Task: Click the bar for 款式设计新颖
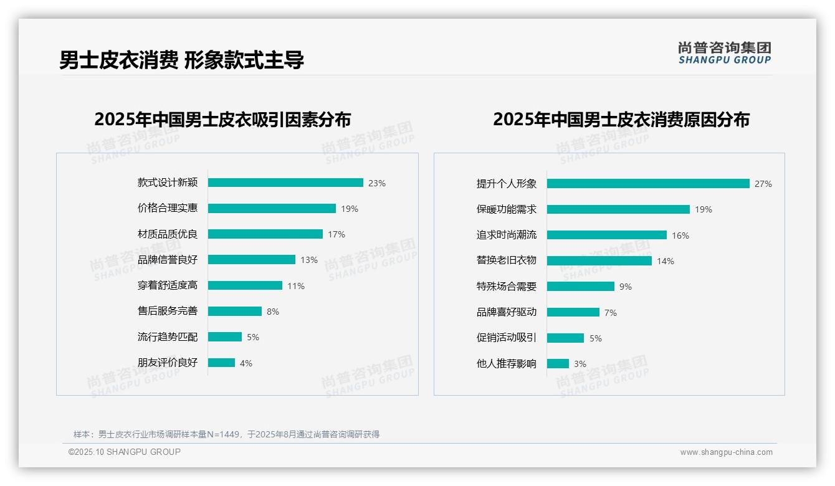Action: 285,183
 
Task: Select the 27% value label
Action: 763,184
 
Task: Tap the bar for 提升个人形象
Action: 648,184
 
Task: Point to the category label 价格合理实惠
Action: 167,209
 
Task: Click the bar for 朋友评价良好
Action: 221,363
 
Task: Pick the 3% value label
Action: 580,364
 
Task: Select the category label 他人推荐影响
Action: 506,364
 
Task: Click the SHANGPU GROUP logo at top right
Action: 725,53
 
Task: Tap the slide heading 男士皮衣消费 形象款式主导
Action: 181,60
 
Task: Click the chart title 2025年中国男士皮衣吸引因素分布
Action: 222,119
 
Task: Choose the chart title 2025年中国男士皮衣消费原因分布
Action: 621,119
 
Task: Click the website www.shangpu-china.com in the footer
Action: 726,452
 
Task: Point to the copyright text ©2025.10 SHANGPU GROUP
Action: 125,452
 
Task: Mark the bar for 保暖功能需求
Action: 618,209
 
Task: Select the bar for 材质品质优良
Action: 265,234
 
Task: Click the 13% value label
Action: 309,260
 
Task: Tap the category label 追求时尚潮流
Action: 506,235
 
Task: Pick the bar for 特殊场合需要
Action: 581,287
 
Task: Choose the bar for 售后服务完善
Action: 235,311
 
